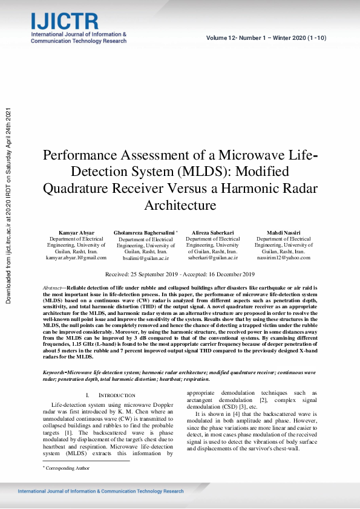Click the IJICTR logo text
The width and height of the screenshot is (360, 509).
64,21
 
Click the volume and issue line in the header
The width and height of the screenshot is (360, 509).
266,38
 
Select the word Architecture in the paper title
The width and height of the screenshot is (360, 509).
180,205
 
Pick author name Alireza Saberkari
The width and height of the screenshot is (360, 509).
212,233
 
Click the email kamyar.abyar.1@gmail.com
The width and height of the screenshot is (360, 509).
76,258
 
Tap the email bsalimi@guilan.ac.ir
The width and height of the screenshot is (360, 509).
145,258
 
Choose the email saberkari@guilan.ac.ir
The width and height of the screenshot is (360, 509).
212,258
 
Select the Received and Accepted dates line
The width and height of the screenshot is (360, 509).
180,274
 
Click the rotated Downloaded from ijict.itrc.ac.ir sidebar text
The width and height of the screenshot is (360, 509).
8,206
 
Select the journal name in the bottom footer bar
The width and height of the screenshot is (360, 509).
100,491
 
